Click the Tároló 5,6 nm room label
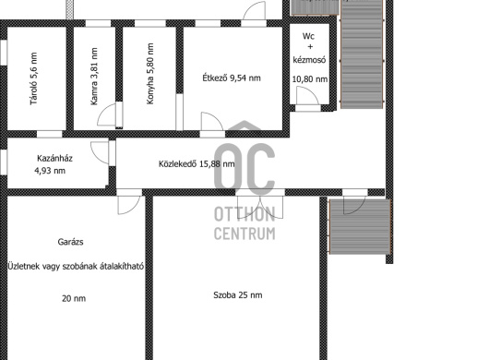[33, 78]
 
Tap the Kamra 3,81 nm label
[93, 77]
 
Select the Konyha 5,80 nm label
[150, 74]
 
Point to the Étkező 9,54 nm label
[232, 78]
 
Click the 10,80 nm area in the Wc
[310, 79]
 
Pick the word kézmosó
[309, 59]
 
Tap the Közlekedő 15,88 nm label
[197, 163]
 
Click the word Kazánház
[54, 158]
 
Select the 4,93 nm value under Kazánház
[50, 171]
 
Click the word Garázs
[70, 242]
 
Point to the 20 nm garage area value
[74, 298]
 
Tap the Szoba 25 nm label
[238, 295]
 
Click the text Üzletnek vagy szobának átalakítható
[76, 267]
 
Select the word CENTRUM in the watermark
[244, 234]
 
